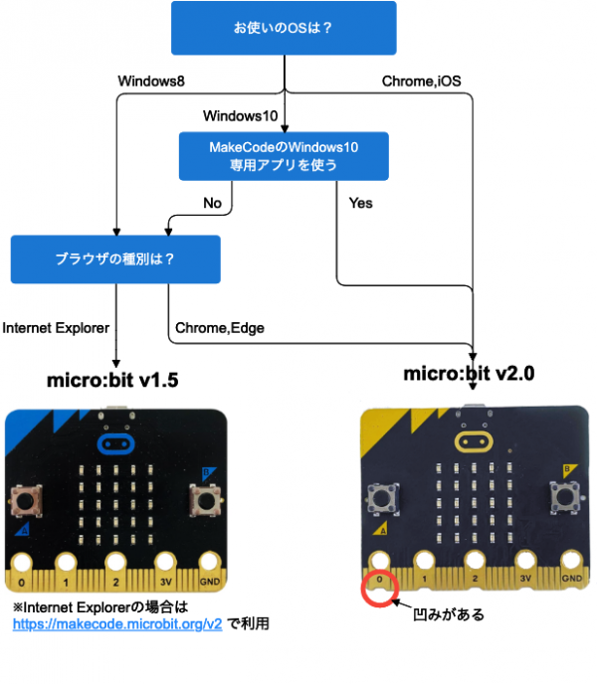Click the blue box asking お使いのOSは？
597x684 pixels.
[284, 28]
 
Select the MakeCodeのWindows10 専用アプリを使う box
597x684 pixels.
[284, 156]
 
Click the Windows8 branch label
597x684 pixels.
[151, 81]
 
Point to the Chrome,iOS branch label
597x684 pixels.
[421, 81]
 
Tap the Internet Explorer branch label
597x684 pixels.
[56, 326]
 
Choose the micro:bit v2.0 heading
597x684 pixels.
[469, 374]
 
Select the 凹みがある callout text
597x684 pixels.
[449, 615]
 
